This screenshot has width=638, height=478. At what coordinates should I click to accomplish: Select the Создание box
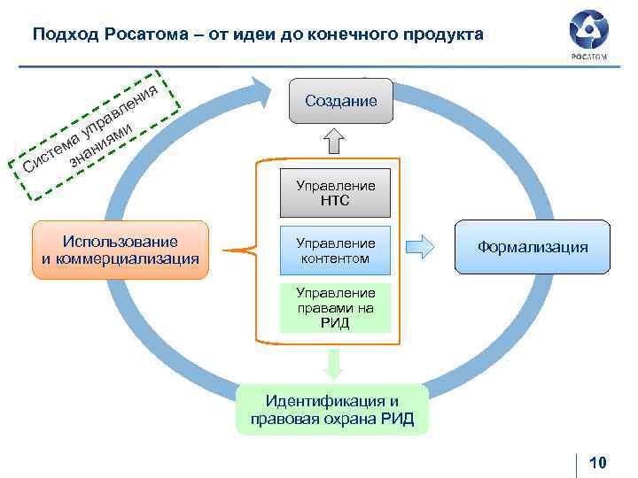pyautogui.click(x=340, y=101)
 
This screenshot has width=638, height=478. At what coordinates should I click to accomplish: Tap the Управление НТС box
pyautogui.click(x=335, y=193)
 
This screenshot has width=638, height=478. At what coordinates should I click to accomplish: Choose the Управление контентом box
pyautogui.click(x=335, y=250)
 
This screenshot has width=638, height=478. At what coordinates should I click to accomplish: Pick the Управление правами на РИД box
pyautogui.click(x=335, y=307)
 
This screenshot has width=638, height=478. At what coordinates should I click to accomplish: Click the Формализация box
pyautogui.click(x=532, y=247)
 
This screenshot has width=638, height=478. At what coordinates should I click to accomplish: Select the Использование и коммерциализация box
pyautogui.click(x=120, y=250)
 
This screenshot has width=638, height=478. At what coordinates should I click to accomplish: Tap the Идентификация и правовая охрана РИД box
pyautogui.click(x=331, y=410)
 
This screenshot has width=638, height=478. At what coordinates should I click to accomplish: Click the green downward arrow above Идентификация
pyautogui.click(x=334, y=363)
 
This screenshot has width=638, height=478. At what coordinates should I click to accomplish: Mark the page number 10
pyautogui.click(x=597, y=462)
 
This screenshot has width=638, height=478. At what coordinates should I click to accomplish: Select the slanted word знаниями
pyautogui.click(x=102, y=144)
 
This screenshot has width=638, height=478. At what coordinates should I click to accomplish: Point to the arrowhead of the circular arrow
pyautogui.click(x=262, y=90)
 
